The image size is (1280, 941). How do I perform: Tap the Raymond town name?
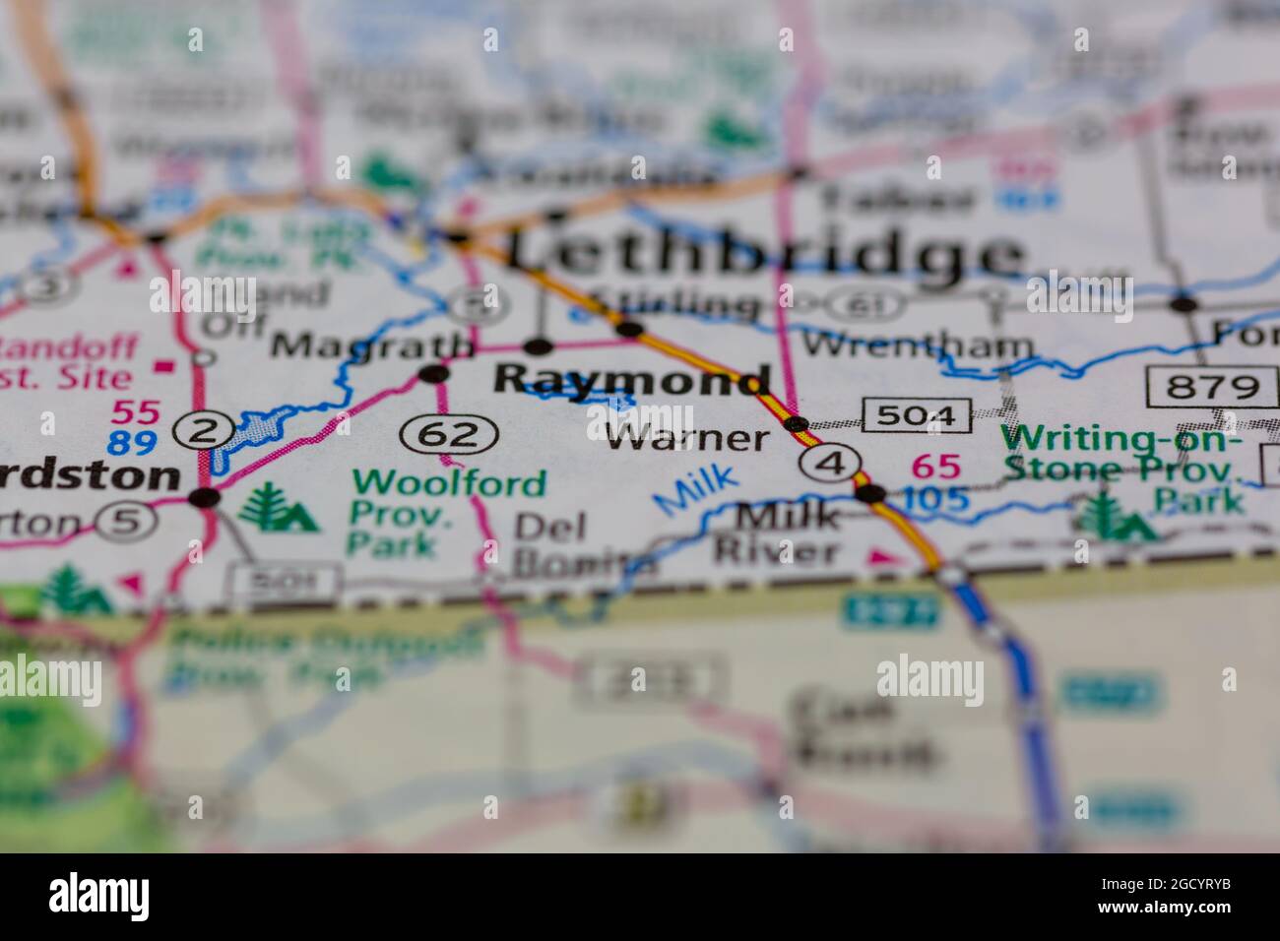(631, 379)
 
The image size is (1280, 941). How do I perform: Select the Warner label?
(686, 437)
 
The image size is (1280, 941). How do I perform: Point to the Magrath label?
(371, 345)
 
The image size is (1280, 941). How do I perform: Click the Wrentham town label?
(918, 345)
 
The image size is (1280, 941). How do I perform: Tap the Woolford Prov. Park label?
(449, 513)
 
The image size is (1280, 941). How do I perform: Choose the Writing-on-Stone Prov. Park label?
(1122, 468)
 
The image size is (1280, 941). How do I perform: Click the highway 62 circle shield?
(450, 432)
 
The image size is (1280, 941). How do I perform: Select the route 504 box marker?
(917, 415)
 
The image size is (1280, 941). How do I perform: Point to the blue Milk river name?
(696, 488)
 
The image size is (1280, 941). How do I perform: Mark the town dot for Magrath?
(433, 373)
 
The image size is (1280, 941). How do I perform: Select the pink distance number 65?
(935, 466)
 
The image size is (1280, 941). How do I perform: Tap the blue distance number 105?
(935, 500)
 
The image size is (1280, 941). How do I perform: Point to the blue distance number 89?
(133, 443)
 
